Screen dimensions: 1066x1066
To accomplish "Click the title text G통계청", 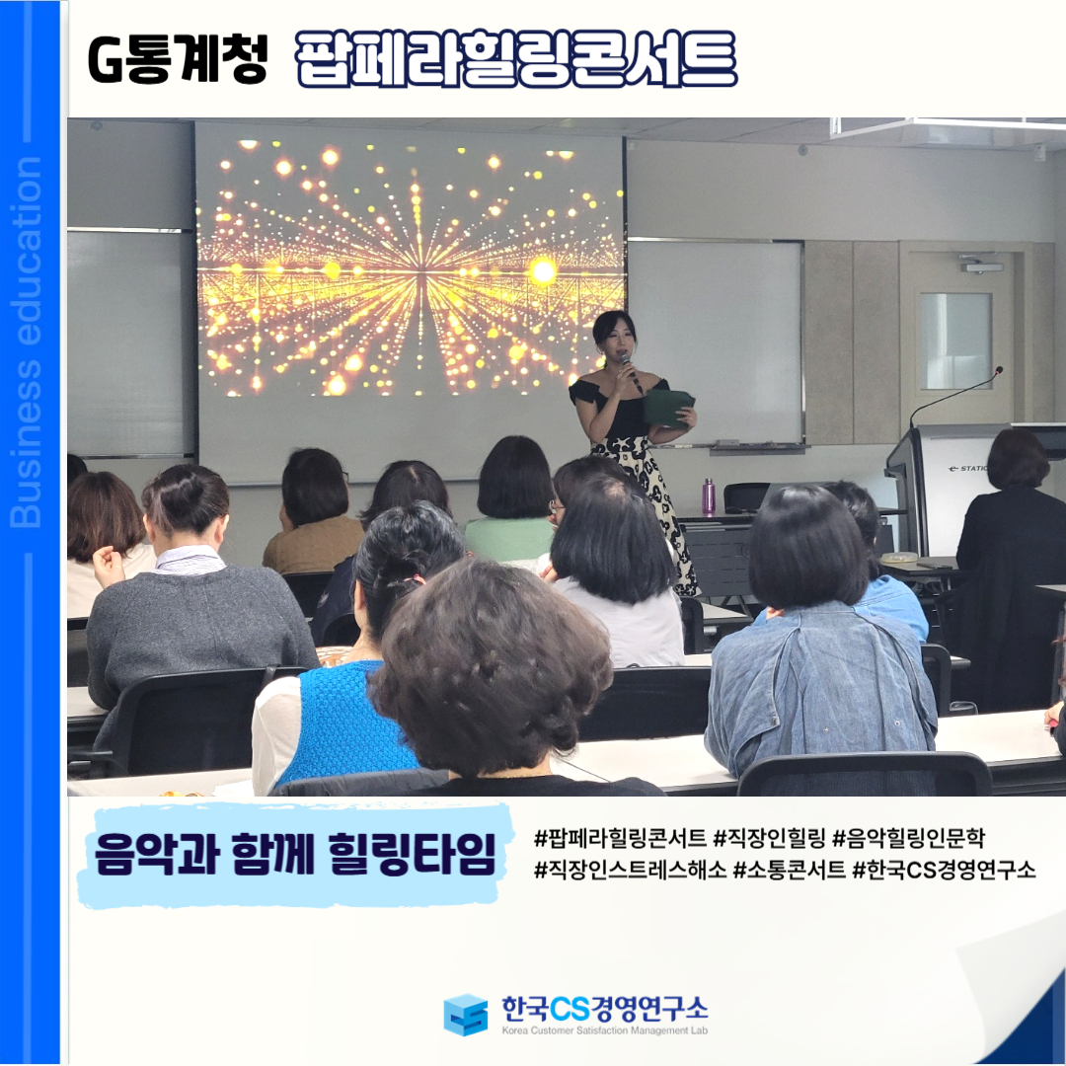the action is [178, 59].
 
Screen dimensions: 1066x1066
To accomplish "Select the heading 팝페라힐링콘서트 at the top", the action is [516, 59].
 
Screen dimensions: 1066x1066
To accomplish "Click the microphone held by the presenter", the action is [630, 371].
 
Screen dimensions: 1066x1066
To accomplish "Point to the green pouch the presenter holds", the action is [669, 408].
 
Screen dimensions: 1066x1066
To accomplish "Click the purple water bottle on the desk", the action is [709, 495].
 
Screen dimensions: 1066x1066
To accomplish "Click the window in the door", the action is [954, 341].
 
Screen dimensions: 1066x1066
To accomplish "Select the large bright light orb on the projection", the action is [543, 271].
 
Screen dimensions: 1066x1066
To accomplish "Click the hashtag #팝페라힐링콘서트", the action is [620, 838].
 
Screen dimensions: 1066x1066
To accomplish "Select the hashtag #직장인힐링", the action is [769, 838].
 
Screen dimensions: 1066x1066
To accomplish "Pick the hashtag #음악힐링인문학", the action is [908, 838].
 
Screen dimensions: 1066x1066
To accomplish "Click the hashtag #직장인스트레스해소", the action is [630, 869].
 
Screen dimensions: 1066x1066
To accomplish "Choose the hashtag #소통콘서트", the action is [790, 869].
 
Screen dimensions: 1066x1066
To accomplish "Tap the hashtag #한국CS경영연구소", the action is [945, 869].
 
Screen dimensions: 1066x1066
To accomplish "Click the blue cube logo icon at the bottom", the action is [466, 1015].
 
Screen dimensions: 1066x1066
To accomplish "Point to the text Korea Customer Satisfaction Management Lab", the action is [604, 1030].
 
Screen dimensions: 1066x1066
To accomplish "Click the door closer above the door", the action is [980, 264].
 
